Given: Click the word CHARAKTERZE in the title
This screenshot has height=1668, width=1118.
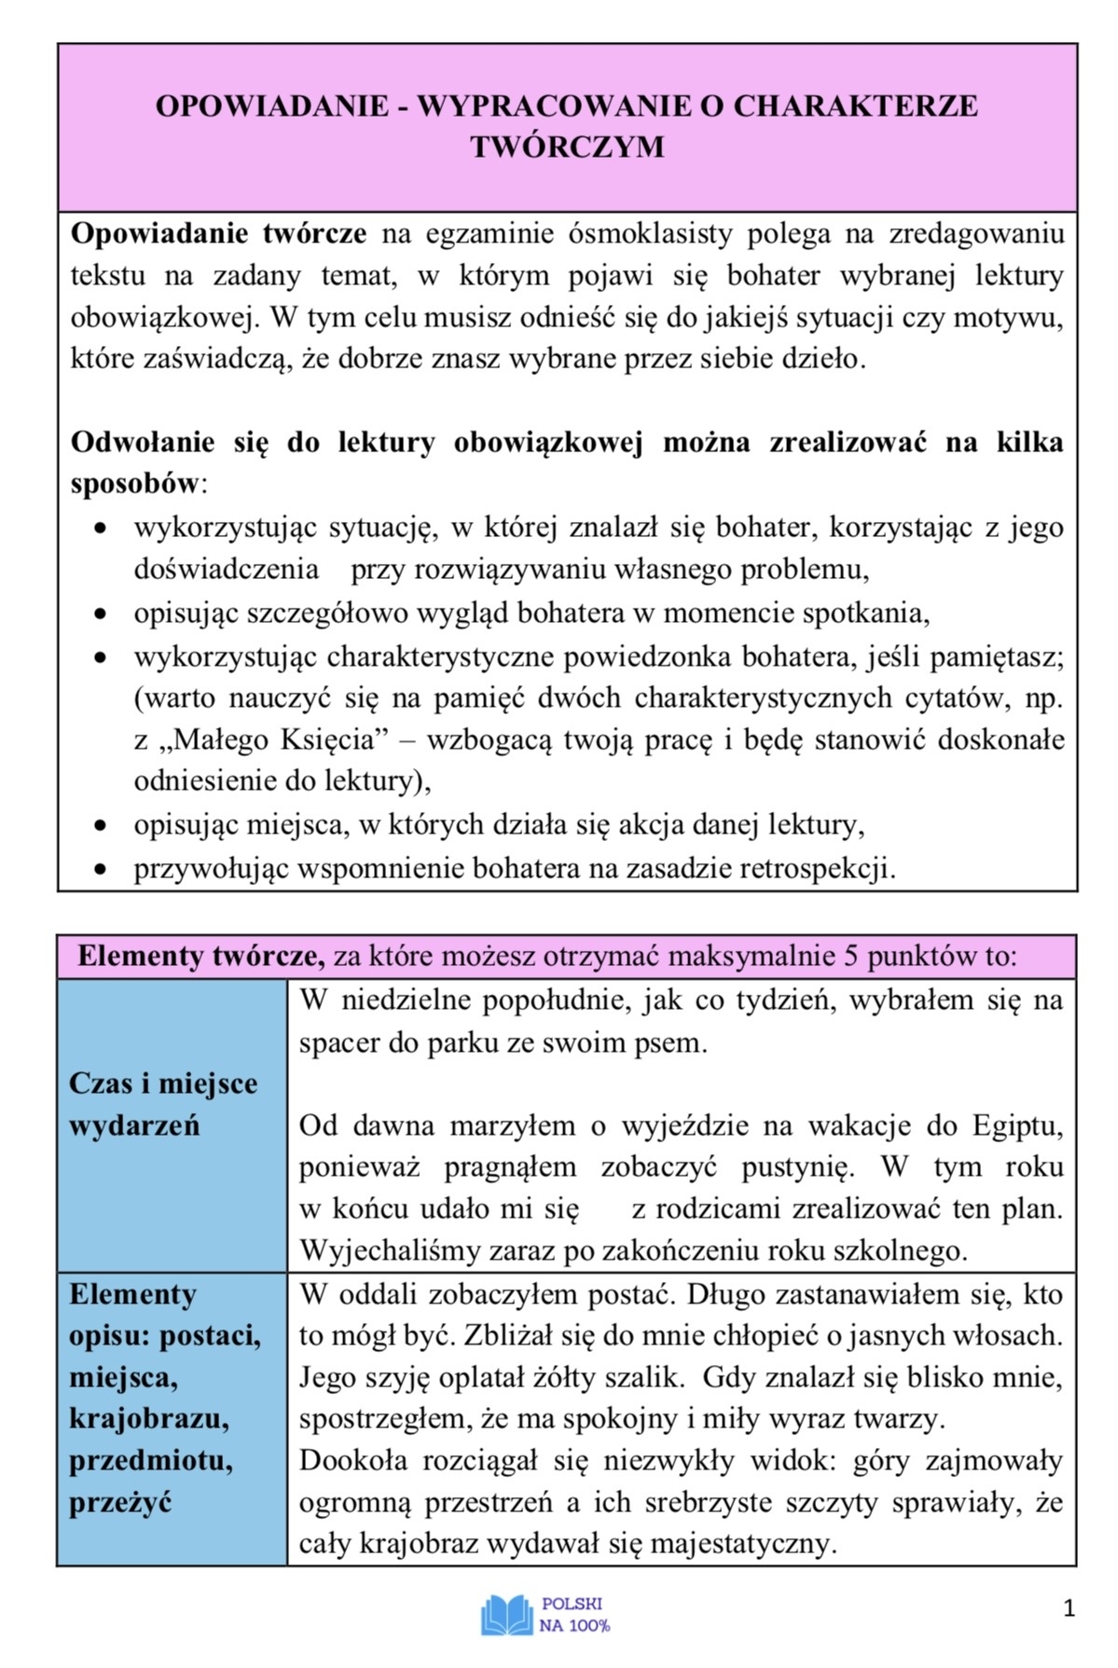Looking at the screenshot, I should pyautogui.click(x=855, y=105).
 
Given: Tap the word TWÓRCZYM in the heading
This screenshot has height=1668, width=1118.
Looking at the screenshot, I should pyautogui.click(x=567, y=147).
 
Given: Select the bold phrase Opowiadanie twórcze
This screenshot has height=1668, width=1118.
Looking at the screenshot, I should pyautogui.click(x=218, y=233).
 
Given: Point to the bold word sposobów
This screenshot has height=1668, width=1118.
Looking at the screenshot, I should pyautogui.click(x=135, y=483).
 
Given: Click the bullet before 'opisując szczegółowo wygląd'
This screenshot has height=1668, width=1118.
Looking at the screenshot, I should pyautogui.click(x=102, y=613).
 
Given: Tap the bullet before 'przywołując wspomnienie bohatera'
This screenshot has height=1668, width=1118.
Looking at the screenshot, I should pyautogui.click(x=102, y=870).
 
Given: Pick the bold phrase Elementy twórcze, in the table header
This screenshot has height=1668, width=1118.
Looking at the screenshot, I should pyautogui.click(x=200, y=957).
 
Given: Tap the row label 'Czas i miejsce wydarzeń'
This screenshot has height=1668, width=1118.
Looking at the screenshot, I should pyautogui.click(x=163, y=1104).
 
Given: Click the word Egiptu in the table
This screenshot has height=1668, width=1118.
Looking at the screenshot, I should pyautogui.click(x=1017, y=1125).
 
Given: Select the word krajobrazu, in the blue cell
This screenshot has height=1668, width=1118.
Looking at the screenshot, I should pyautogui.click(x=149, y=1418).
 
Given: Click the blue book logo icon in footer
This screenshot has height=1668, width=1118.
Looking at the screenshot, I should pyautogui.click(x=506, y=1615).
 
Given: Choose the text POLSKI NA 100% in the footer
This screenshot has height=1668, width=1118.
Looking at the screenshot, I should pyautogui.click(x=573, y=1615).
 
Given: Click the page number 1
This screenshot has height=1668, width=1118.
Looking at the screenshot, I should pyautogui.click(x=1069, y=1608).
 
